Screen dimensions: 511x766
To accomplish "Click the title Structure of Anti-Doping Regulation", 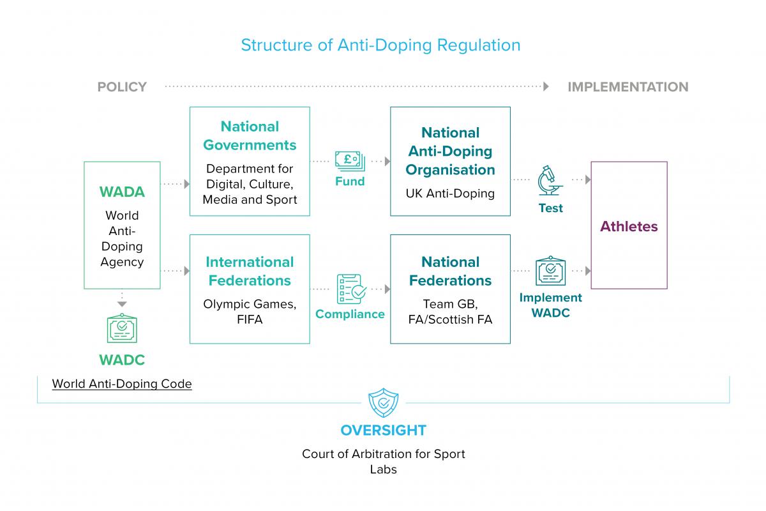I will point(380,45).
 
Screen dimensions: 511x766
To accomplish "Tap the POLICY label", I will point(122,87).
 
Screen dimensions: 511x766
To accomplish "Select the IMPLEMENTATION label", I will point(628,87).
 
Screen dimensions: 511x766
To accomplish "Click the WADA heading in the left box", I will point(122,192).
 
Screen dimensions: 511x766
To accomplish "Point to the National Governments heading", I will point(250,136).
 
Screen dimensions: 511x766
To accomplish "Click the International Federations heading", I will point(250,271).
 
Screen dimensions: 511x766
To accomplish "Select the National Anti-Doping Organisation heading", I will point(450,151).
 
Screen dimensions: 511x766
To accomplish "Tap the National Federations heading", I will point(450,271).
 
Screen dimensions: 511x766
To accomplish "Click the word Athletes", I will point(629,226).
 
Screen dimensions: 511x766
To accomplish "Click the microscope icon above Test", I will point(550,181).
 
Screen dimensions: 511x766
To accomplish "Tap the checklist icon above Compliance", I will point(350,290).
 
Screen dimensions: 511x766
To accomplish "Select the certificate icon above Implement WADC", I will point(550,271).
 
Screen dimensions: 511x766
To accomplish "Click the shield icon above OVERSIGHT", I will point(383,404).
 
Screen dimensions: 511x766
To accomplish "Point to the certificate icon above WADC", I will point(122,329).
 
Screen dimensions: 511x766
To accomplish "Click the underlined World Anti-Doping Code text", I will point(122,384).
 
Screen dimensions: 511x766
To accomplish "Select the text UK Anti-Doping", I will point(450,193).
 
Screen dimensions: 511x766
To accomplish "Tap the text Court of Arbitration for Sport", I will point(383,454).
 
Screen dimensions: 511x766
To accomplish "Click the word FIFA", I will point(250,319).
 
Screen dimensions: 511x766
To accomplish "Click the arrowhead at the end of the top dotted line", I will point(546,86).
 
